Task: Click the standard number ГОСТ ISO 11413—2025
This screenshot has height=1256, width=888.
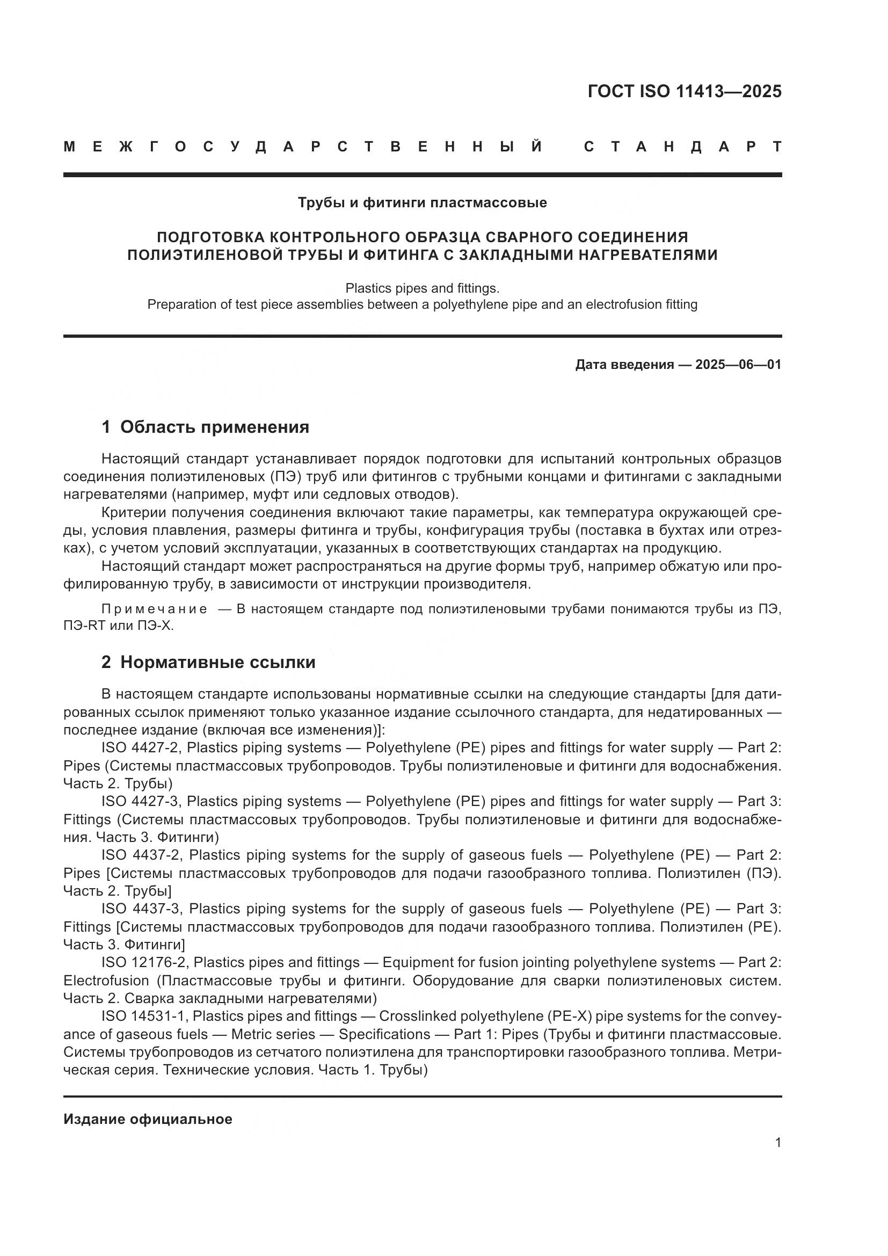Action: (684, 91)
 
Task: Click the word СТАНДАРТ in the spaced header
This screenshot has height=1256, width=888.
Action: (682, 147)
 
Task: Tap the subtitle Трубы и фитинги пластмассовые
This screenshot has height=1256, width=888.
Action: (422, 203)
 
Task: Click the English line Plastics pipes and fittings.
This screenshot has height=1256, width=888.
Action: (422, 288)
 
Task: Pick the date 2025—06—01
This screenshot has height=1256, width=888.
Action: (738, 364)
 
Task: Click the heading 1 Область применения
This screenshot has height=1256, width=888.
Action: (205, 427)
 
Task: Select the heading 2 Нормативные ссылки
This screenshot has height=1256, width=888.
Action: (208, 662)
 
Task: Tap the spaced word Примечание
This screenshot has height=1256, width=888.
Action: (154, 609)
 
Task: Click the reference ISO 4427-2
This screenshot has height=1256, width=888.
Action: (141, 748)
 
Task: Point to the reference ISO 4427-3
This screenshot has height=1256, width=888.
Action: (141, 801)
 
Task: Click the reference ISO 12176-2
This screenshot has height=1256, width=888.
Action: (144, 962)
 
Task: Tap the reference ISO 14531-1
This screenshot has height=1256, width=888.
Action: (144, 1016)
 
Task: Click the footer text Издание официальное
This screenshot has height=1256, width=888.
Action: (148, 1119)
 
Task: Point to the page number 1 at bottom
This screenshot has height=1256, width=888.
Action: (777, 1143)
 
